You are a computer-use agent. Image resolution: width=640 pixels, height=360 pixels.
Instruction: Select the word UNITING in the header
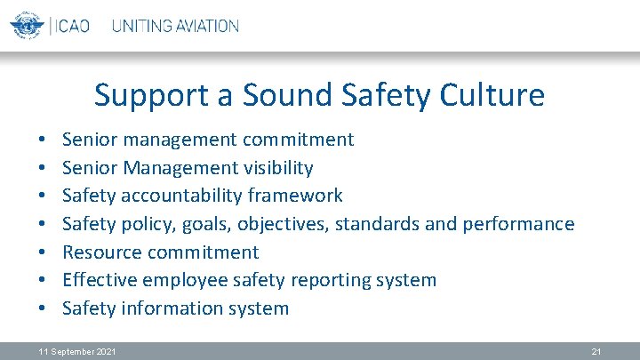pos(140,26)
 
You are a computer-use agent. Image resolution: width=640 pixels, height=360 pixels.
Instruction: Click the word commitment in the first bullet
pos(298,140)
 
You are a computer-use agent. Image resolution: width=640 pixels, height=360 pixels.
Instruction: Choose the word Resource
pos(101,252)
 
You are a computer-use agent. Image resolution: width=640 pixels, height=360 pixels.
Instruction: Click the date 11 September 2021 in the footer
pos(77,352)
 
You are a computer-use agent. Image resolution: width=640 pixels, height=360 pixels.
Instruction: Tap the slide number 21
pos(596,352)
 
